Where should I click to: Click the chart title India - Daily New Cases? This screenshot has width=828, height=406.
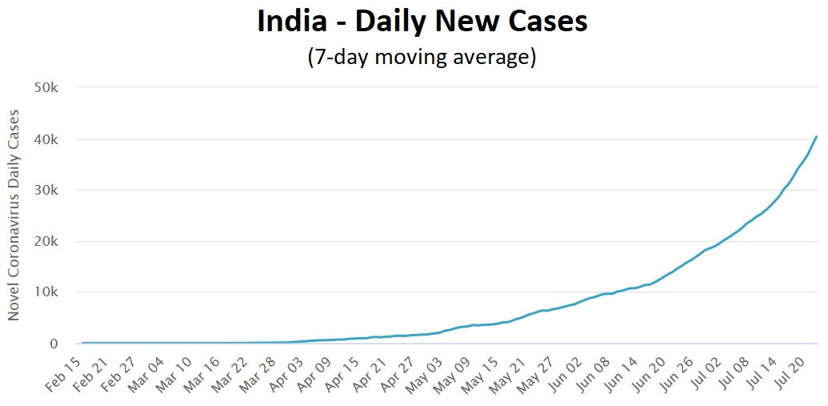pos(422,22)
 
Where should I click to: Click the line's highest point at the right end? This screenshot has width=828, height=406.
pos(816,136)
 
